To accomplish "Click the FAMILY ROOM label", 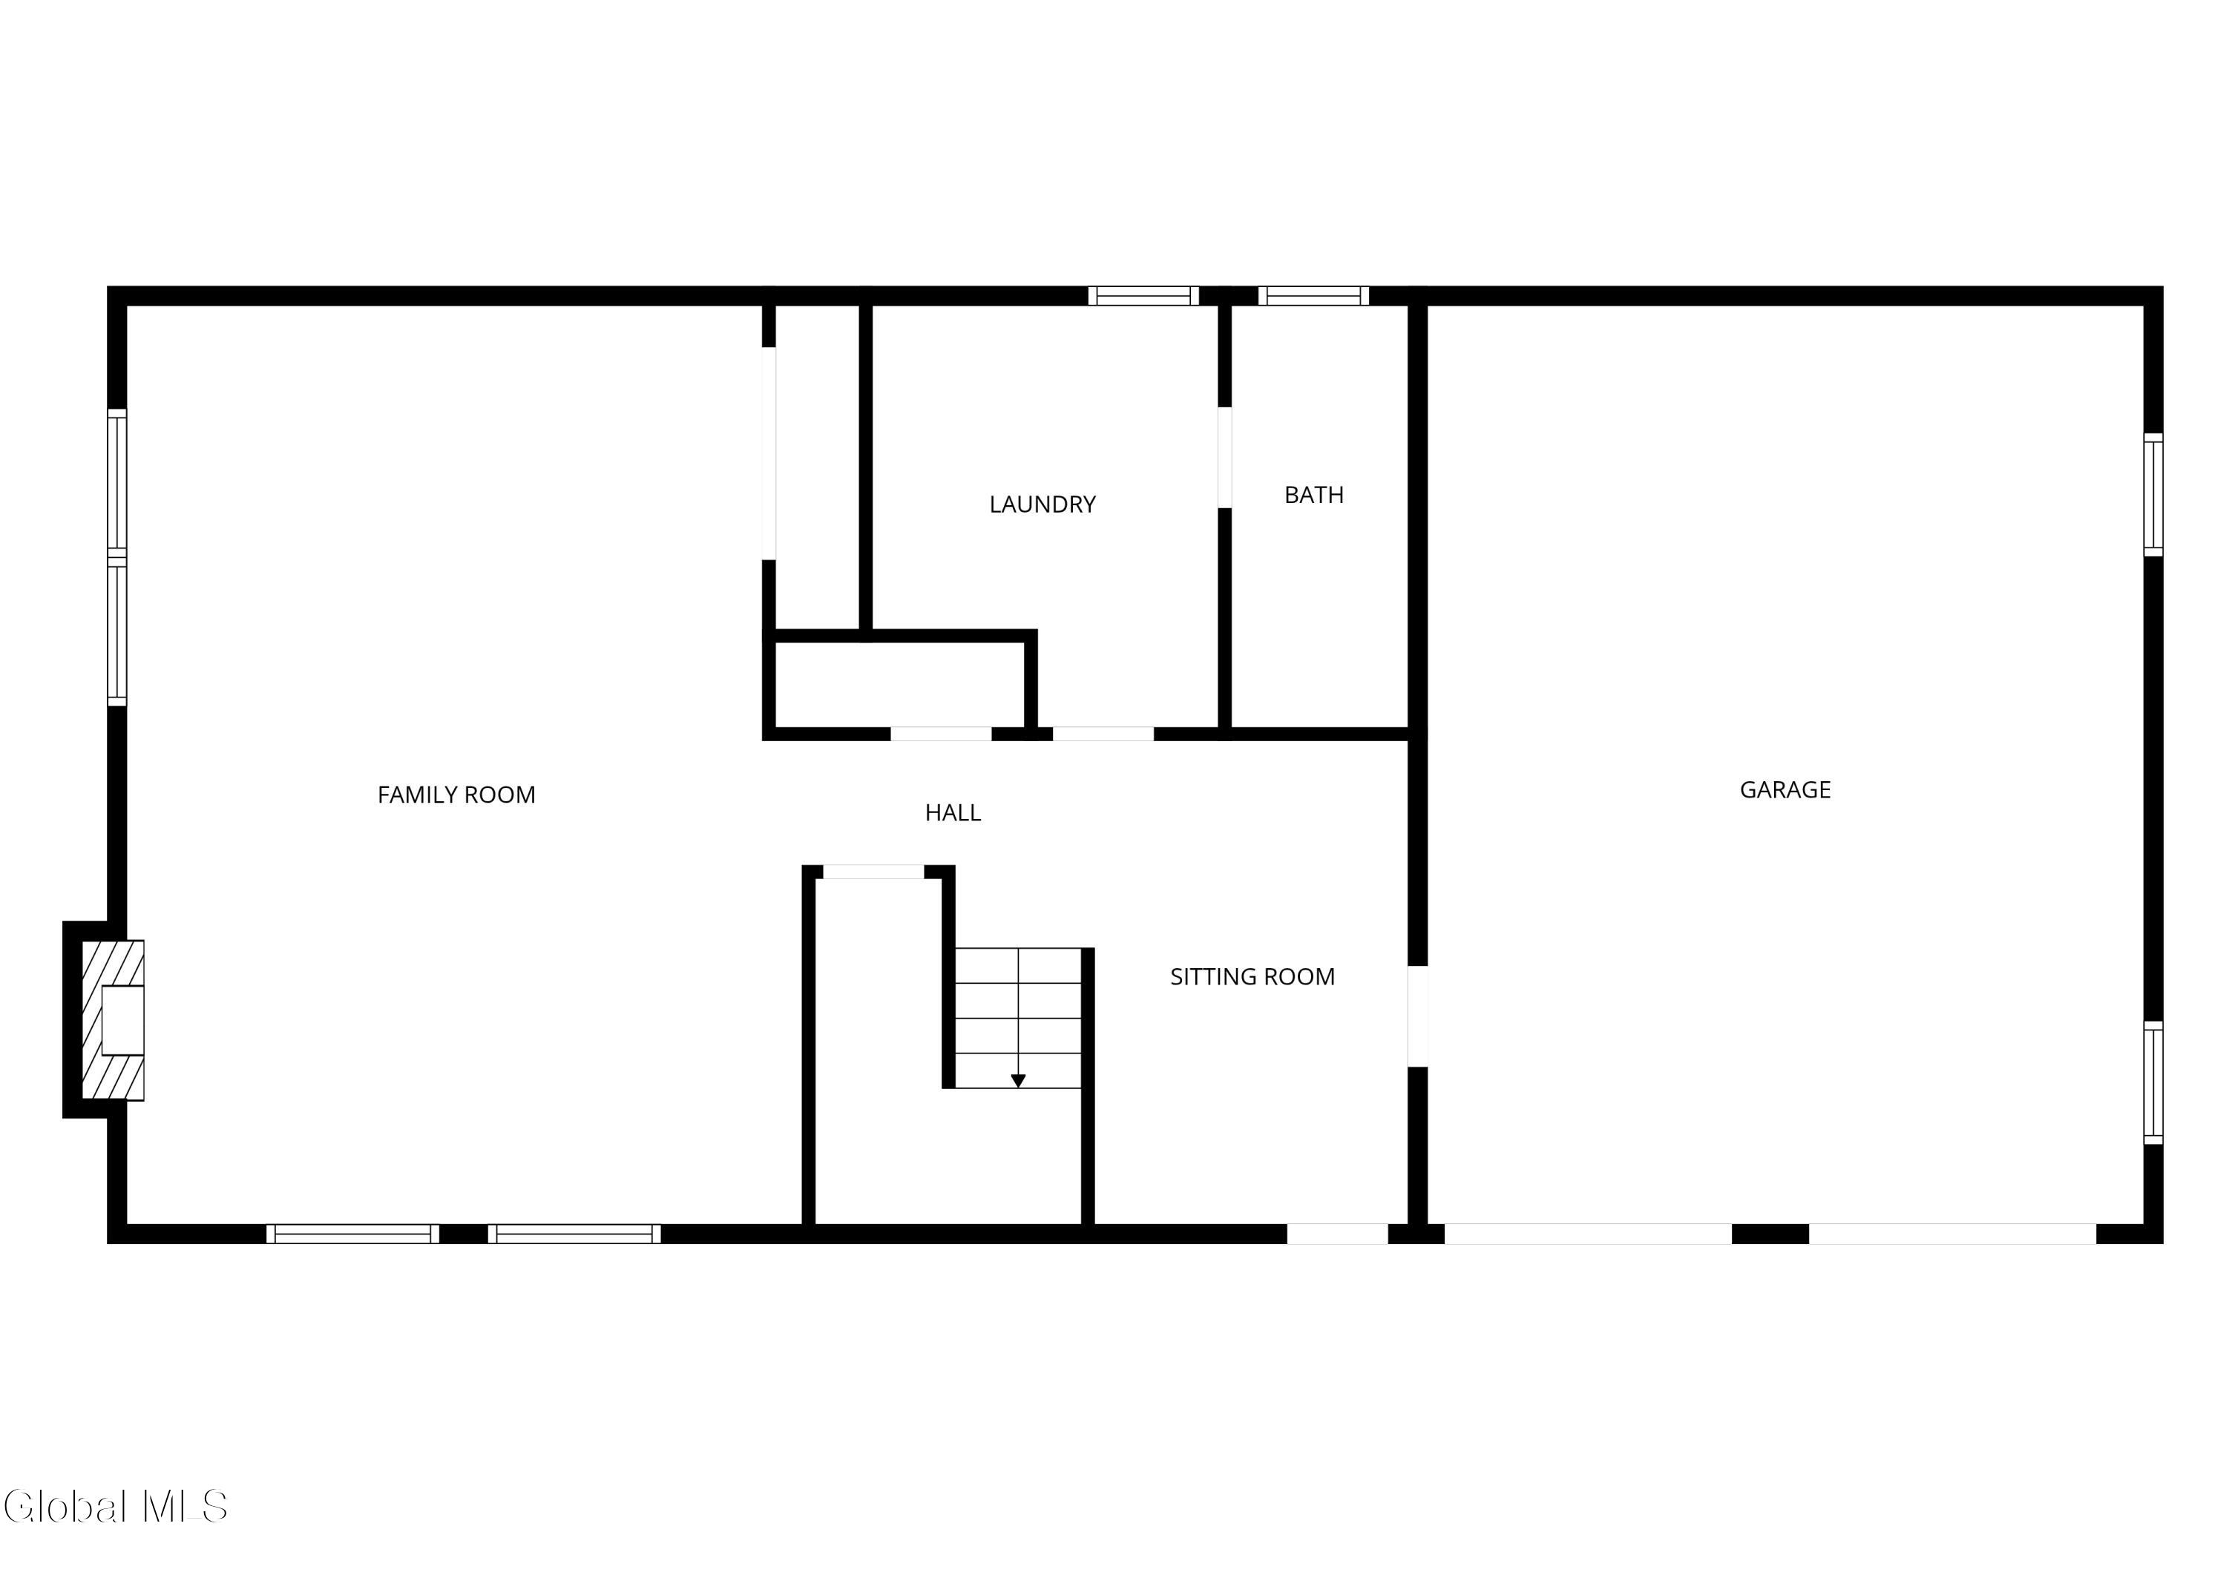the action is pos(456,795).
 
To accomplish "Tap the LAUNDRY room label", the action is pos(1043,504).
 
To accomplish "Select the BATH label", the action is pos(1313,495).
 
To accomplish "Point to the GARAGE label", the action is pos(1785,790).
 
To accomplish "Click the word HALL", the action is pos(952,812).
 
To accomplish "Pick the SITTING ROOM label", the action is pos(1252,976).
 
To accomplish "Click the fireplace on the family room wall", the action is pos(113,1020).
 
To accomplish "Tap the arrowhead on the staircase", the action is pos(1018,1080).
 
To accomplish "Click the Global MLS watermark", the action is pos(116,1506).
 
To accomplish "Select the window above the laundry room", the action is pos(1143,295).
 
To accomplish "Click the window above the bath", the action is pos(1313,295).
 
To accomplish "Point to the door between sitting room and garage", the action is pos(1418,1016).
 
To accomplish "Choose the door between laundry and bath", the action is pos(1224,457).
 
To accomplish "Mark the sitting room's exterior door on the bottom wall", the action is pos(1337,1233).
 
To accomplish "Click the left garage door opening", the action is pos(1588,1233).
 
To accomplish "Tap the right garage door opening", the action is pos(1952,1233).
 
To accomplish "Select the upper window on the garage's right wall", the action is pos(2153,495).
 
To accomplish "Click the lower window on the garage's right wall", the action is pos(2153,1082).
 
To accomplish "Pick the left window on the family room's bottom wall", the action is pos(352,1233).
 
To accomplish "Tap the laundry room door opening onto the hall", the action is pos(1103,734).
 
